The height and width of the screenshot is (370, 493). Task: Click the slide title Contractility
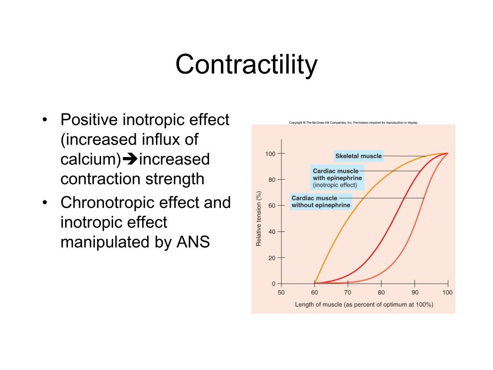tap(246, 65)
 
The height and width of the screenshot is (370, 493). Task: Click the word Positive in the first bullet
tap(90, 119)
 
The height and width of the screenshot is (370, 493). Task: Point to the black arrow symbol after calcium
tap(130, 159)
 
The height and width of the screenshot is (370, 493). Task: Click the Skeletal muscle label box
tap(359, 156)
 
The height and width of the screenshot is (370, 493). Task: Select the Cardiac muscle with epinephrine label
tap(337, 177)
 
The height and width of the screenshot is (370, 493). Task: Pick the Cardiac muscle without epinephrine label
tap(321, 201)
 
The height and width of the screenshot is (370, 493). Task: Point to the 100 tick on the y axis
tap(270, 154)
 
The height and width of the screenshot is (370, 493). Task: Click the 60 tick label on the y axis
tap(272, 206)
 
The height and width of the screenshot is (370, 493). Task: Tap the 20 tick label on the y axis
tap(272, 258)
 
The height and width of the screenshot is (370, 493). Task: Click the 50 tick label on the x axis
tap(281, 292)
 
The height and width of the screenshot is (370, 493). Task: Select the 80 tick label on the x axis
tap(381, 292)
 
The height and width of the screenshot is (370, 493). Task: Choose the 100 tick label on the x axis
tap(447, 292)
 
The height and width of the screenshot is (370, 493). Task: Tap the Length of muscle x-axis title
tap(364, 304)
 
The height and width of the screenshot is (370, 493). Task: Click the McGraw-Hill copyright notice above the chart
tap(353, 123)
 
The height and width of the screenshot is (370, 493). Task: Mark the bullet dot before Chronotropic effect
tap(45, 203)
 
